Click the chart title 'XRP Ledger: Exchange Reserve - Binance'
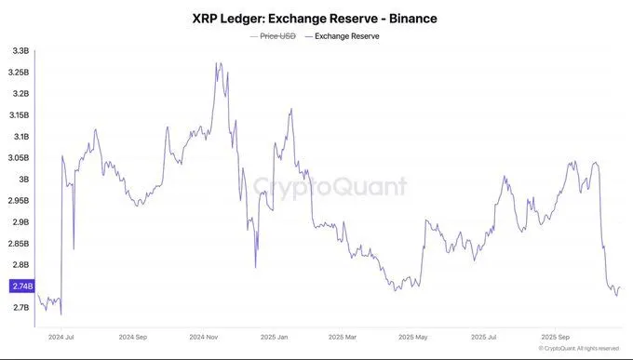click(x=316, y=19)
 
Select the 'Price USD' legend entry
click(x=275, y=36)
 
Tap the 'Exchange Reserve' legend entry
click(x=346, y=36)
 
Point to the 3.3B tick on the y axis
click(x=19, y=49)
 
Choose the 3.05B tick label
click(x=19, y=157)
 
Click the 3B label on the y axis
click(x=23, y=179)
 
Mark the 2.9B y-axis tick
click(x=20, y=222)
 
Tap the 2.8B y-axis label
click(x=20, y=265)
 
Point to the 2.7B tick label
click(x=20, y=308)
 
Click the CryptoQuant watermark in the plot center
click(x=330, y=187)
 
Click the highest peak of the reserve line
click(x=217, y=63)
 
